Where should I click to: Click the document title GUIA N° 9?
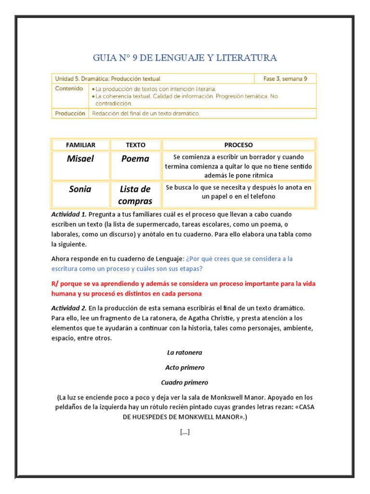185,58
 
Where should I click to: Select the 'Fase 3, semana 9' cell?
285,79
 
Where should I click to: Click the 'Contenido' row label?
69,89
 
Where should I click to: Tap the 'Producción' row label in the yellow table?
70,113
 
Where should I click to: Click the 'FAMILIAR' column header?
80,145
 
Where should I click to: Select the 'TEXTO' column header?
135,145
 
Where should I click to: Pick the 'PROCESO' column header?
238,145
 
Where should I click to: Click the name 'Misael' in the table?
80,159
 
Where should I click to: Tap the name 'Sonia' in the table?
80,189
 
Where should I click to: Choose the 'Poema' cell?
135,159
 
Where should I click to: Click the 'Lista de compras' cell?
135,195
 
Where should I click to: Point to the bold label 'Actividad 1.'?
69,214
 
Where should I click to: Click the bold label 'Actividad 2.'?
69,308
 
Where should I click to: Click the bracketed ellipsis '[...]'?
185,432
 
